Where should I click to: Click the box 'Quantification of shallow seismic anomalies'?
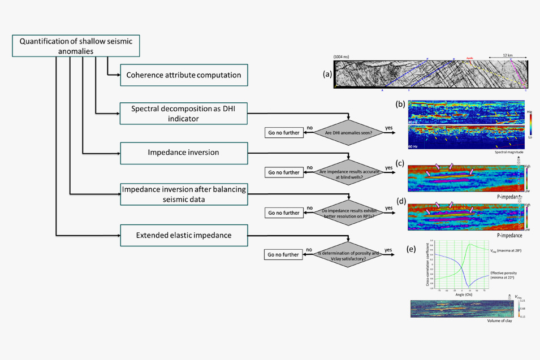76,46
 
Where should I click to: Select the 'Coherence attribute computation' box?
184,75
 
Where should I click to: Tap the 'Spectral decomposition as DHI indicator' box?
184,113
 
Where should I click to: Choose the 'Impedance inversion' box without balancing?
184,153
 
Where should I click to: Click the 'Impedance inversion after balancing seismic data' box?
184,193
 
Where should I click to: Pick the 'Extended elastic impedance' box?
184,234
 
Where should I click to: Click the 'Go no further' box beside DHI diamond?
284,133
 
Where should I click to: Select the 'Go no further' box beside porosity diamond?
284,254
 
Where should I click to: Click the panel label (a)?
327,74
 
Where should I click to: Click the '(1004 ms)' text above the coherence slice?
342,57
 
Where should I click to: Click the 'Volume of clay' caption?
499,321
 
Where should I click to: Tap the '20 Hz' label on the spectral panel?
413,122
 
